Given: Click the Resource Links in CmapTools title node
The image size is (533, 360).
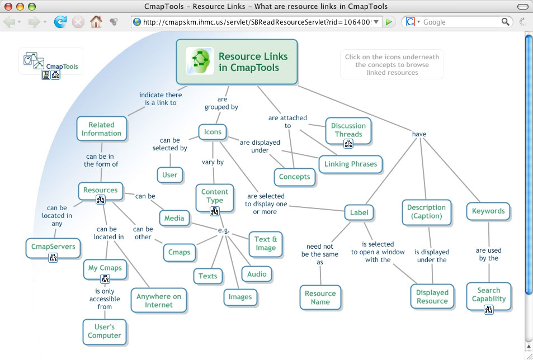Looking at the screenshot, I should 237,61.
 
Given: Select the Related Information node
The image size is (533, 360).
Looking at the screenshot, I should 101,129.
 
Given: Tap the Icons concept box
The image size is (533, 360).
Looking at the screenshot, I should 213,132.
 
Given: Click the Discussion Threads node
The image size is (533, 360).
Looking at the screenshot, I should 348,130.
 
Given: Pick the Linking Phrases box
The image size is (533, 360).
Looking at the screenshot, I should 351,164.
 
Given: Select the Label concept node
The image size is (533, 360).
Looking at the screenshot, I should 359,212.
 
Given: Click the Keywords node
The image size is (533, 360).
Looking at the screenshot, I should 488,211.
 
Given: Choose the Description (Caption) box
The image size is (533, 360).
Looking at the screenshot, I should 426,211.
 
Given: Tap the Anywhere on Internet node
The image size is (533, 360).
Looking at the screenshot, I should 159,301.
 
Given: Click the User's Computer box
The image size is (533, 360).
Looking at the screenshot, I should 104,331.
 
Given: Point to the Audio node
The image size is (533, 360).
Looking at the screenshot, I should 257,274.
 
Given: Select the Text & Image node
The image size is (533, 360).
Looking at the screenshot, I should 266,243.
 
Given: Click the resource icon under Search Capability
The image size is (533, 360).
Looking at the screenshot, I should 489,309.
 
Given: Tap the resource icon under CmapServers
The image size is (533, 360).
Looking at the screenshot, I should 53,258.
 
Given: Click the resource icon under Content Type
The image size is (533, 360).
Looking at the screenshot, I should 215,211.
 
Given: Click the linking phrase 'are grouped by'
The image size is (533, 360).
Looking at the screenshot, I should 221,103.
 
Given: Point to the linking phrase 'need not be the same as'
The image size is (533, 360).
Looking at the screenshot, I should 320,254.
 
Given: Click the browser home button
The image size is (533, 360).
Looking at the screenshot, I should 96,22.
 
